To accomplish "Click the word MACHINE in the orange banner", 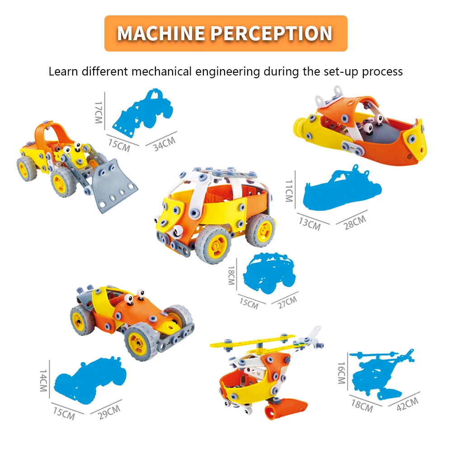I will click(160, 33).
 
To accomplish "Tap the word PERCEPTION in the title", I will click(272, 33).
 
